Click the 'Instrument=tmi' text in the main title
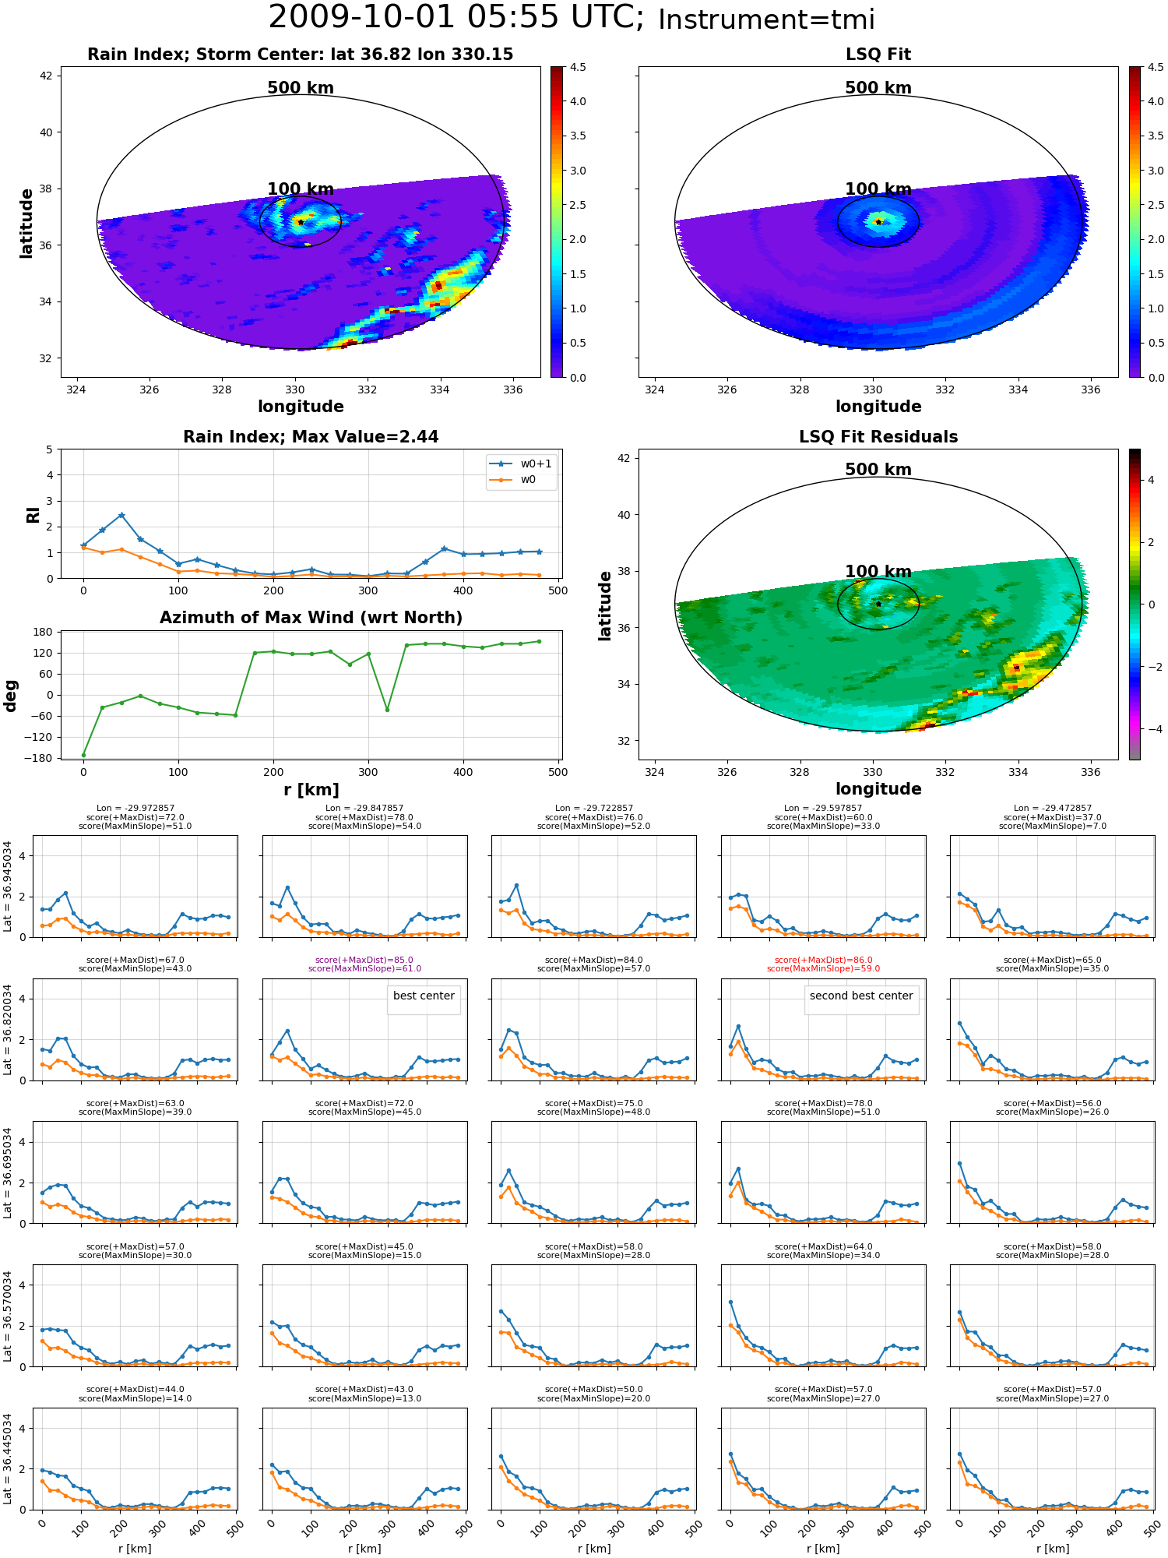[766, 19]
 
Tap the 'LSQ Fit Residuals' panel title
[878, 437]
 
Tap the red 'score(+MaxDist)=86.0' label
[823, 960]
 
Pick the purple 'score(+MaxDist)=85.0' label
[364, 960]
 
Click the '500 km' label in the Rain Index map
[301, 88]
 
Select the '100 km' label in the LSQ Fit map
[878, 189]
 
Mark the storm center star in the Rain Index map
[301, 222]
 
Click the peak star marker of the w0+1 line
[121, 515]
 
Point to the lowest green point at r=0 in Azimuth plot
[83, 755]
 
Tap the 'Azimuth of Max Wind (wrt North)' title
[311, 618]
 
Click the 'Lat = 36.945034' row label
[8, 886]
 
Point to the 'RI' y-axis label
[33, 514]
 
